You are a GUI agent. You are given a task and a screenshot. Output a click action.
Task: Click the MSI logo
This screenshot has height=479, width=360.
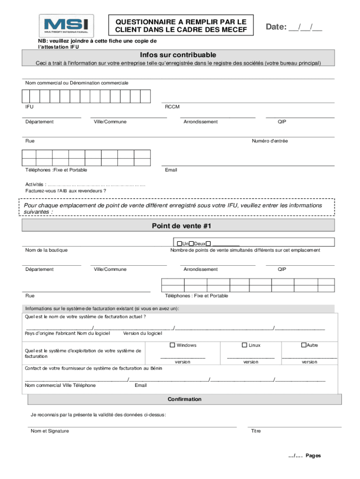tap(66, 25)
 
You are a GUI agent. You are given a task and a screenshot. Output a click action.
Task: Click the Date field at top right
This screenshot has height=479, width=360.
tap(294, 27)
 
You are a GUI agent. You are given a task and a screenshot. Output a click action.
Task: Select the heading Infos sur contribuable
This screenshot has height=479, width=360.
tap(179, 55)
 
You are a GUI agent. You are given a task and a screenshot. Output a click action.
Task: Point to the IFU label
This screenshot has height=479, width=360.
tap(29, 107)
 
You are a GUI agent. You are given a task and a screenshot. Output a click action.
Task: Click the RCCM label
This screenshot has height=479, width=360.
tap(172, 107)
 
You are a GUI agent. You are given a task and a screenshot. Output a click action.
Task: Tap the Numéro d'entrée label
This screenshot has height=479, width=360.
tap(270, 141)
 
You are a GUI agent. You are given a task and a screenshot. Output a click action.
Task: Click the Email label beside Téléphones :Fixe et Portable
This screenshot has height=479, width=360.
tap(171, 170)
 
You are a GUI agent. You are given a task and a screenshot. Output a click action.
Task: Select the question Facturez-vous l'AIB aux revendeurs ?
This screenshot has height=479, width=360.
tap(65, 191)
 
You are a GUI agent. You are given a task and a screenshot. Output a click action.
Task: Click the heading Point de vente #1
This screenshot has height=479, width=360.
tap(179, 226)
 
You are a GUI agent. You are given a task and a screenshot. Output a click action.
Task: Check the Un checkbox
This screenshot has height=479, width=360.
tap(179, 244)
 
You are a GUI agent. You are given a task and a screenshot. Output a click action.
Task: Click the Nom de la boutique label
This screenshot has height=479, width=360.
tap(46, 250)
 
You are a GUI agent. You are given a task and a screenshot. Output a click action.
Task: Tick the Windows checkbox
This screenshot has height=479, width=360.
tap(172, 345)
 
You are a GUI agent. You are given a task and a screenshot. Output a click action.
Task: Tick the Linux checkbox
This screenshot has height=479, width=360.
tap(244, 345)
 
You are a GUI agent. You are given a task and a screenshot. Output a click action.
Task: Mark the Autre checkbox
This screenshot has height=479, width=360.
tap(303, 345)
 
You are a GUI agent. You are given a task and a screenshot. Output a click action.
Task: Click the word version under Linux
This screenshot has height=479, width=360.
tap(251, 362)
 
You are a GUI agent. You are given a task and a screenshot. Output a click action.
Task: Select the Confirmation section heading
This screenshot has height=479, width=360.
tap(185, 399)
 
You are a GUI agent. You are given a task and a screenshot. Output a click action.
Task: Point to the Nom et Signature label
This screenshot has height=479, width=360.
tap(50, 431)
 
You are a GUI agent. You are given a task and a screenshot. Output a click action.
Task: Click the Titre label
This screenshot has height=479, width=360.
tap(256, 431)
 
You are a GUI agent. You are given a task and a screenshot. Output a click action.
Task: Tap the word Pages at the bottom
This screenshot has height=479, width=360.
tap(313, 456)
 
